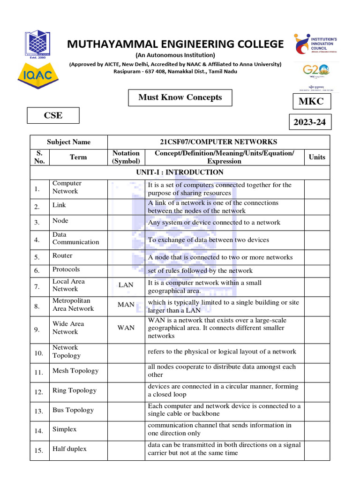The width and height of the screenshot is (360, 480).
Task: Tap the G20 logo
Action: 316,70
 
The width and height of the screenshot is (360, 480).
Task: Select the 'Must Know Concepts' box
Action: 180,97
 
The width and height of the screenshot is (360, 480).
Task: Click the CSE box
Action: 53,115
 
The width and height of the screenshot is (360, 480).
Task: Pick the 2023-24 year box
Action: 309,123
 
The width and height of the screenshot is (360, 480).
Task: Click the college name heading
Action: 175,44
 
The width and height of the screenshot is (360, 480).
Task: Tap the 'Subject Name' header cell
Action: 68,142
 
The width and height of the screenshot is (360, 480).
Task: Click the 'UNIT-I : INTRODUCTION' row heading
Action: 180,172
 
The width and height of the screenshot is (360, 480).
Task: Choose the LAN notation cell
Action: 126,285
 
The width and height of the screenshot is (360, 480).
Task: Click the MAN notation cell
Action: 126,305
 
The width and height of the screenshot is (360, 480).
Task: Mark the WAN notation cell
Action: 126,328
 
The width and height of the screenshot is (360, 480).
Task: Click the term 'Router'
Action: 62,256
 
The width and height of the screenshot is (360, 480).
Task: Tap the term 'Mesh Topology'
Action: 75,371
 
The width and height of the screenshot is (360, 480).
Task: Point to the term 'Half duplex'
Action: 69,449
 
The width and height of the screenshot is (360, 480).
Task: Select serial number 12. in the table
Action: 39,392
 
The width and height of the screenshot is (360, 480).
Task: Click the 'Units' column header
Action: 317,157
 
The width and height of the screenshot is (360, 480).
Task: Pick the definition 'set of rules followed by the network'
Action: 200,270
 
